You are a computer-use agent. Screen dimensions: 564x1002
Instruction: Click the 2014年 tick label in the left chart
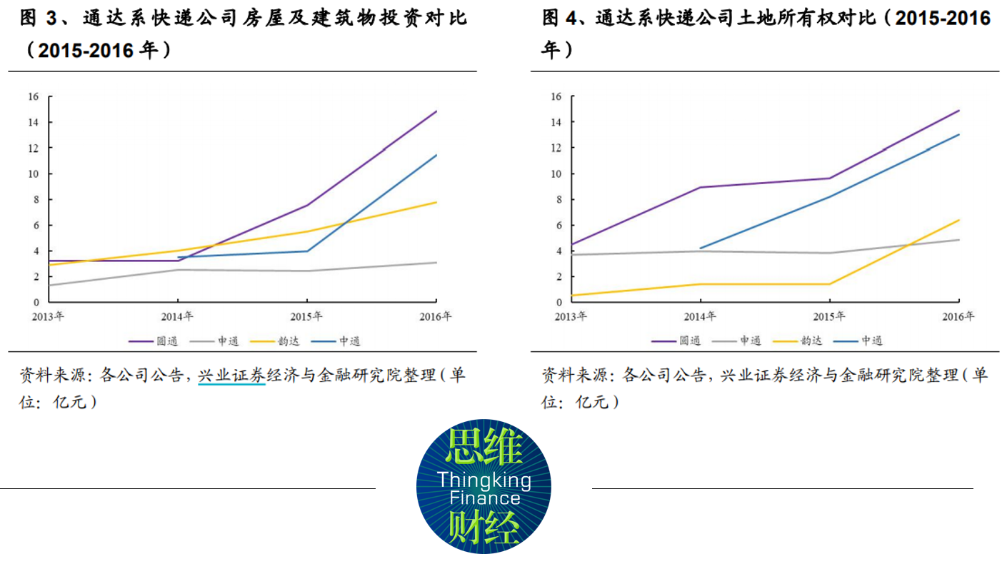pos(179,316)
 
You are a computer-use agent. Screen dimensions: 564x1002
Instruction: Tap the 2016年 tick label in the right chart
pos(959,316)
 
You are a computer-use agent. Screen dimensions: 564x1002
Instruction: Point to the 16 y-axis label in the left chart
pos(33,96)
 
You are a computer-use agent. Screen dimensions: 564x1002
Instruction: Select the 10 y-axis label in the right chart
pos(556,173)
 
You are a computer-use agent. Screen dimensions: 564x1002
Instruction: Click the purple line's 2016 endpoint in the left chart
pos(437,111)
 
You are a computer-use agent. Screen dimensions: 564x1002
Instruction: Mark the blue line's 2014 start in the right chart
pos(701,248)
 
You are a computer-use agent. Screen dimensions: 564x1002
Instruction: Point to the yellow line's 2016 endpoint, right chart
pos(959,220)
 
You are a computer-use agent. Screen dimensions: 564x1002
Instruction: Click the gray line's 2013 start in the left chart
pos(49,285)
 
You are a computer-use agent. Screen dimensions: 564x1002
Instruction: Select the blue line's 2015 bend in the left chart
pos(308,251)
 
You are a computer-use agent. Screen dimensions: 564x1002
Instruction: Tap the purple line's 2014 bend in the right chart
pos(701,187)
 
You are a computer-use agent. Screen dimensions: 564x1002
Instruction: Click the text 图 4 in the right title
pos(560,18)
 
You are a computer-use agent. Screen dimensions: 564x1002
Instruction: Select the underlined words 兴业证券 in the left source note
pos(231,375)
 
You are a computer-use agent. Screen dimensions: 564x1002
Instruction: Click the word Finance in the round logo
pos(485,498)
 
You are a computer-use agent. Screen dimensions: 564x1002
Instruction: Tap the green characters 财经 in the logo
pos(484,529)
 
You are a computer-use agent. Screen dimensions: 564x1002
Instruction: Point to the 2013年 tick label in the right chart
pos(571,316)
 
